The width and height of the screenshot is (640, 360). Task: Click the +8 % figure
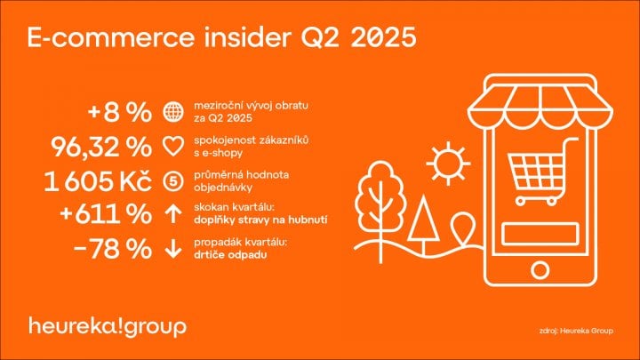point(119,112)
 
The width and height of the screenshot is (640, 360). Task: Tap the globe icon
point(173,111)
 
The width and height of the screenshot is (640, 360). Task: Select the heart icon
point(173,147)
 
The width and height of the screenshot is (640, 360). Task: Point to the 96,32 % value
point(100,147)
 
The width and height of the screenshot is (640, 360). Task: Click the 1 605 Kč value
point(97,181)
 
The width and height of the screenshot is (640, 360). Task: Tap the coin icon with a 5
point(173,181)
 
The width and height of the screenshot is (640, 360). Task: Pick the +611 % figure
point(105,214)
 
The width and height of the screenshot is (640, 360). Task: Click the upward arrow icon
point(173,214)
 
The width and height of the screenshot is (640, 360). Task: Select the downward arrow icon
point(173,249)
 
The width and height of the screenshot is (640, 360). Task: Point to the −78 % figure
point(112,249)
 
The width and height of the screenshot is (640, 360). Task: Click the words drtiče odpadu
point(230,255)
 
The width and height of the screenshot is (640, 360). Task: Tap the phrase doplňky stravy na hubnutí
point(260,220)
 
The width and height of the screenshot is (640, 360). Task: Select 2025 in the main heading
point(383,37)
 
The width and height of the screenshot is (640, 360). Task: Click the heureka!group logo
point(108,327)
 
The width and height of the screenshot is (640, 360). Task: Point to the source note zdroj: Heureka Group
point(576,331)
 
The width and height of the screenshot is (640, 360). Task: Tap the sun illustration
point(448,164)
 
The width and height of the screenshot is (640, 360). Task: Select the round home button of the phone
point(540,270)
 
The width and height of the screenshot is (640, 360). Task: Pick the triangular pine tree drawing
point(424,225)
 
